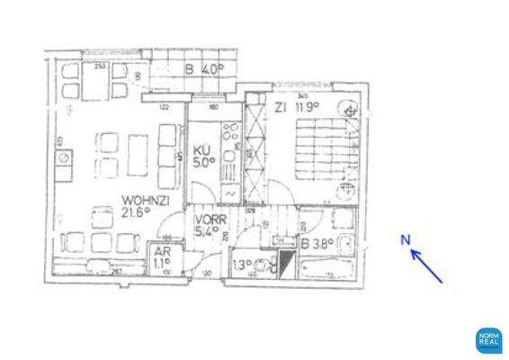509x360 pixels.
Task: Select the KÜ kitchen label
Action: tap(203, 151)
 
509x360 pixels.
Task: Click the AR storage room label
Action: tap(164, 253)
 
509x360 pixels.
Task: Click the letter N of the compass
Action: tap(406, 238)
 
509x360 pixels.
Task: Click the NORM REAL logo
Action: tap(488, 340)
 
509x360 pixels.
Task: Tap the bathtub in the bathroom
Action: tap(329, 267)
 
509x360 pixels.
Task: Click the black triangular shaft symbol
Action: tap(287, 265)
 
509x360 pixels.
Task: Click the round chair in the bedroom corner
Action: tap(350, 111)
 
